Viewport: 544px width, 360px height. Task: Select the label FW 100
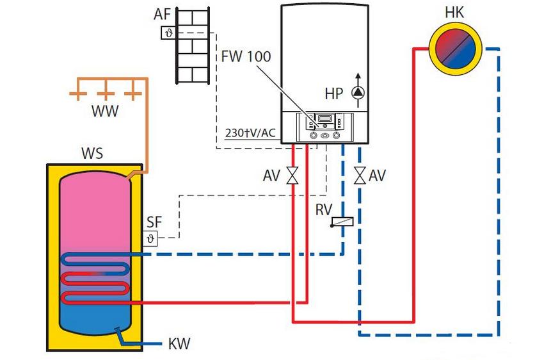tap(246, 56)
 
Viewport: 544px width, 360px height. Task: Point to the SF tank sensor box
tap(150, 238)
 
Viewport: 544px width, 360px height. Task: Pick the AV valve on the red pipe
tap(293, 175)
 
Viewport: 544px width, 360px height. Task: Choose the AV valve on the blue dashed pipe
tap(360, 175)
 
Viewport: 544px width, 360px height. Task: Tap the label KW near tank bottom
tap(179, 344)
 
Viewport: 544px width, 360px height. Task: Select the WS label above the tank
tap(92, 154)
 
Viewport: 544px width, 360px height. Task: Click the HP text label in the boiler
tap(333, 94)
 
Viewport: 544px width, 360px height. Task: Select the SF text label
tap(154, 222)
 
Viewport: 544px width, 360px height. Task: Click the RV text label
tap(323, 209)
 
